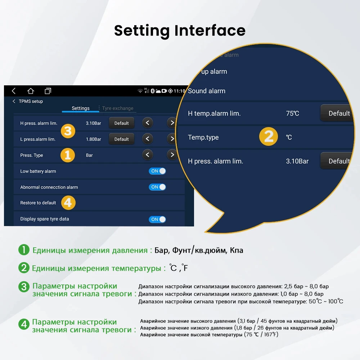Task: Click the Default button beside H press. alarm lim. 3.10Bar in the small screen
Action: [x=121, y=123]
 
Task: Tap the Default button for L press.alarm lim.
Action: [x=121, y=139]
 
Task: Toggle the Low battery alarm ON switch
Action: [x=157, y=171]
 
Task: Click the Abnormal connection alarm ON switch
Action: [x=157, y=187]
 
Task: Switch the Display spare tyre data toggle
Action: [x=157, y=219]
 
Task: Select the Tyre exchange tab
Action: [x=117, y=108]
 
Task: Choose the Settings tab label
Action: [x=81, y=108]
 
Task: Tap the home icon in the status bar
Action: [x=31, y=91]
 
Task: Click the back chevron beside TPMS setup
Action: [x=14, y=102]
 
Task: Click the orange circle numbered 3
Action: [x=68, y=131]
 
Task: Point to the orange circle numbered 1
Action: [x=67, y=155]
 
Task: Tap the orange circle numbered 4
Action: [x=68, y=203]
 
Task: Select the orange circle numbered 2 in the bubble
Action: [x=269, y=137]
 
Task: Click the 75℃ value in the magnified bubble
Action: [x=292, y=113]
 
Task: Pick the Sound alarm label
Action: [x=207, y=91]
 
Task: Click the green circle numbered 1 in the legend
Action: [x=24, y=250]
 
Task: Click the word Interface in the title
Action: [x=210, y=31]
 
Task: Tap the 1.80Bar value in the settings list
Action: [x=94, y=139]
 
